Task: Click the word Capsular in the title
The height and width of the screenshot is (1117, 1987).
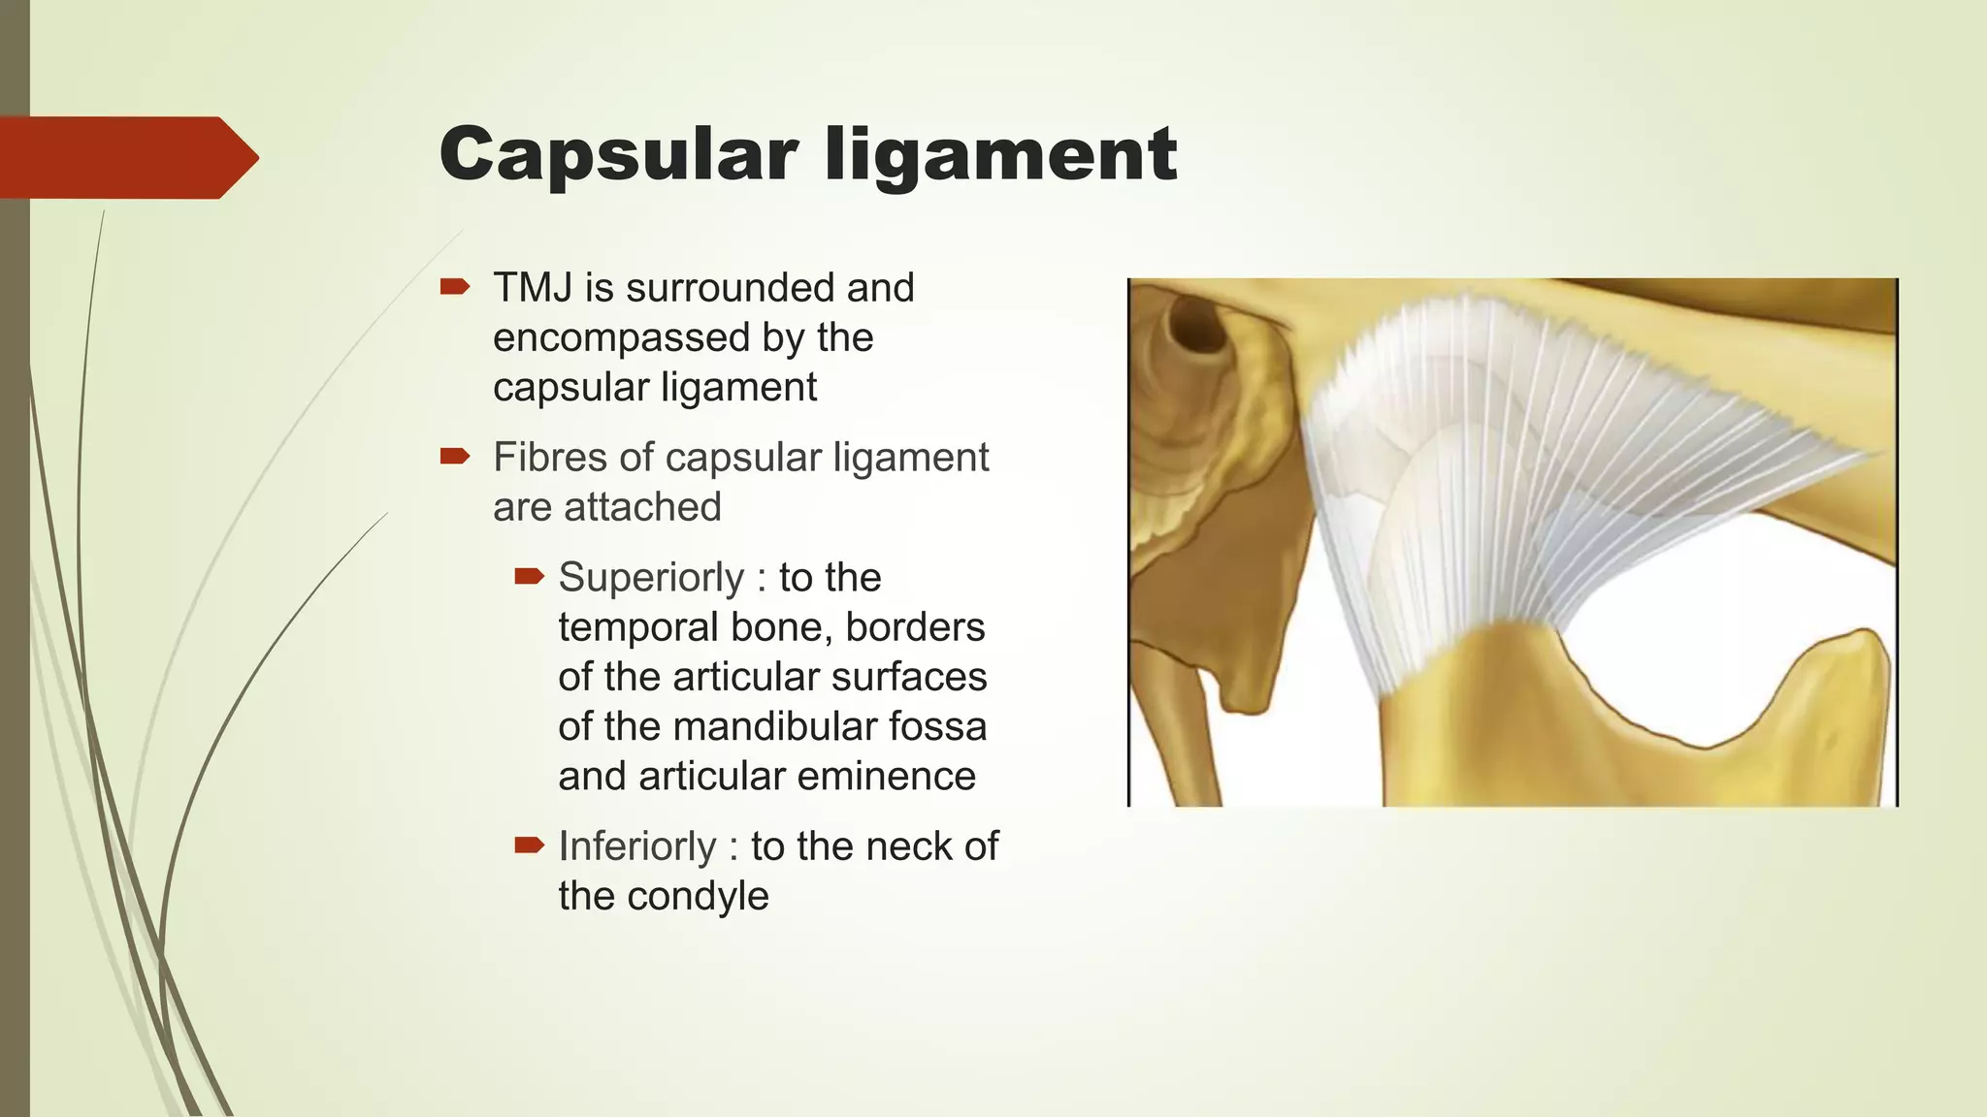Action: (x=618, y=155)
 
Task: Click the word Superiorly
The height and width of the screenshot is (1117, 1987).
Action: (x=650, y=578)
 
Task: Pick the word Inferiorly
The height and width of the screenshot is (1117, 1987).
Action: (x=636, y=846)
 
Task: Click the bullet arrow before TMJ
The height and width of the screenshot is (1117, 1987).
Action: (x=455, y=286)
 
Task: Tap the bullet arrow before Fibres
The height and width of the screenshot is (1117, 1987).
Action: (x=455, y=456)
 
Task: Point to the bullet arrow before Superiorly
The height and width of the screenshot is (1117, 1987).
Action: (x=530, y=577)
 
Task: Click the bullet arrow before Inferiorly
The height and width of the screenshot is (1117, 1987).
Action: (x=530, y=846)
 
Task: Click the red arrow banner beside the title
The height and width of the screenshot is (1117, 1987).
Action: (x=126, y=157)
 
